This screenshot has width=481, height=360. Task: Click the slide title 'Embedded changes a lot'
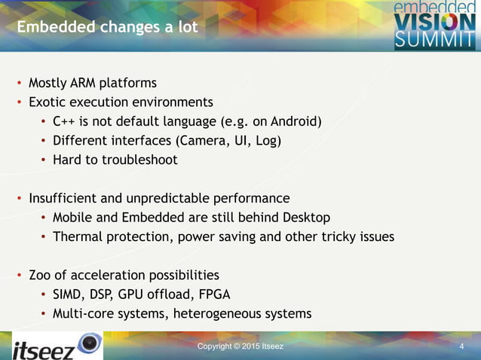pos(107,28)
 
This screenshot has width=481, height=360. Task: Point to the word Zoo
pos(41,275)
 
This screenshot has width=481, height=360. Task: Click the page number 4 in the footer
pos(461,346)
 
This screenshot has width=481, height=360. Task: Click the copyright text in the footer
pos(240,346)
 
